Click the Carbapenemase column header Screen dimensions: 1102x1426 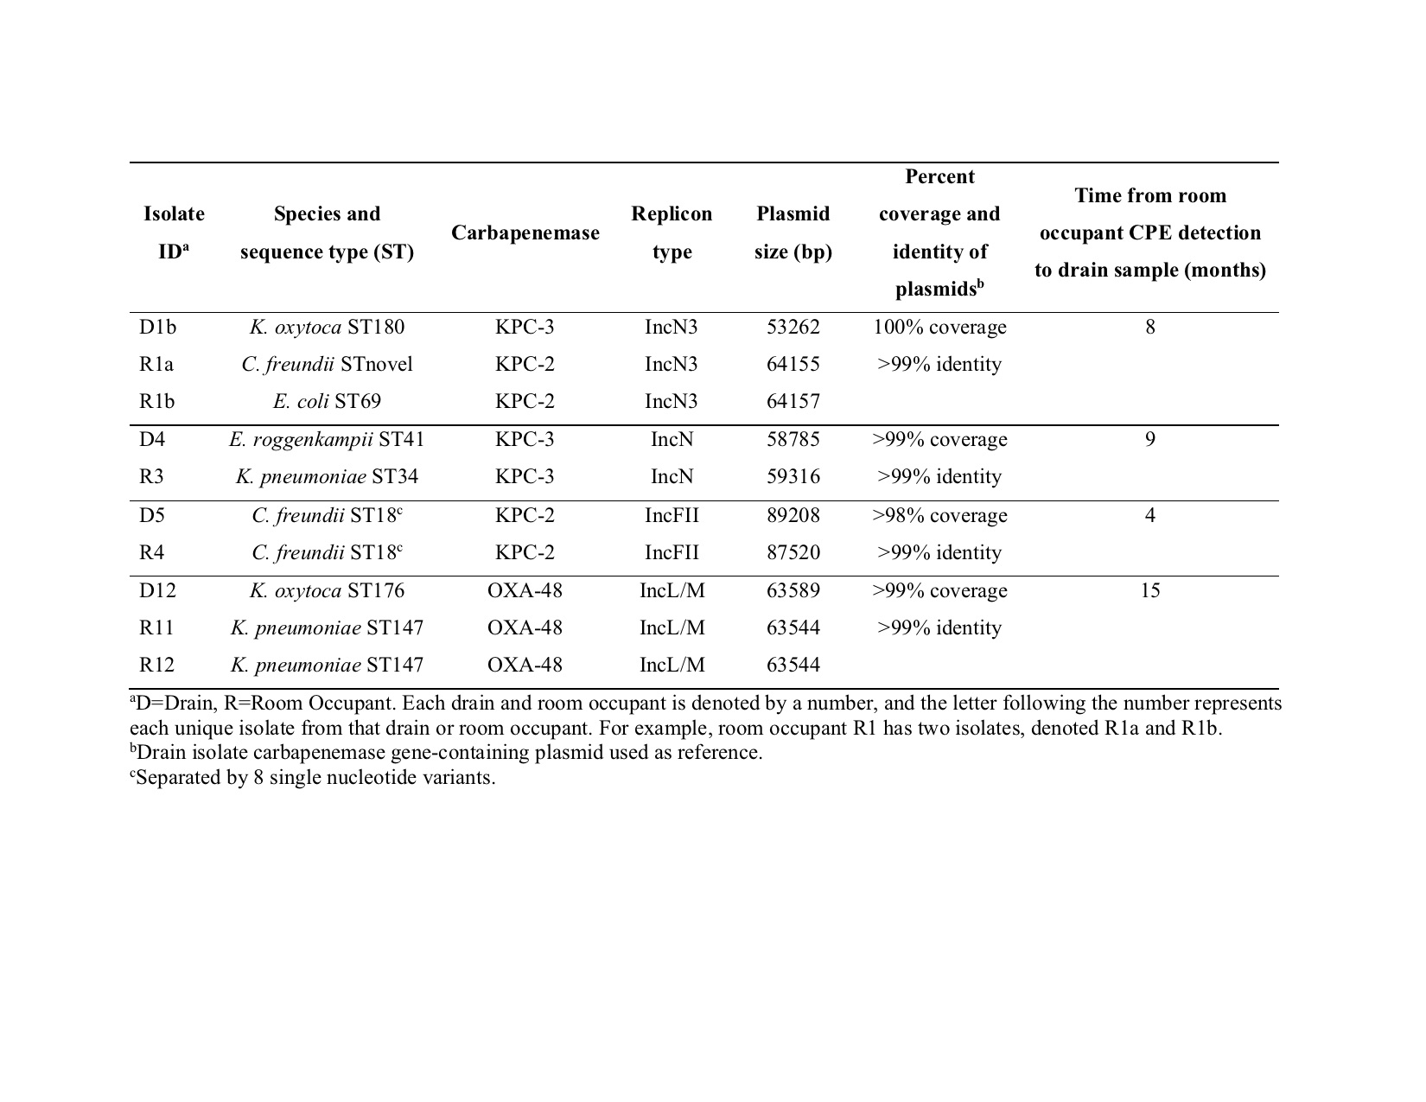pyautogui.click(x=525, y=233)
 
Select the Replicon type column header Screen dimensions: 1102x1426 pyautogui.click(x=672, y=233)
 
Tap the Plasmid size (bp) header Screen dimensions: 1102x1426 pyautogui.click(x=793, y=233)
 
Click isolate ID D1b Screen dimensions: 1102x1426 pyautogui.click(x=157, y=328)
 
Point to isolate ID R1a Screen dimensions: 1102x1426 pyautogui.click(x=156, y=365)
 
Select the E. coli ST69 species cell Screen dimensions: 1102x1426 pyautogui.click(x=327, y=402)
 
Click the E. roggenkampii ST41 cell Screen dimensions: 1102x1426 pyautogui.click(x=327, y=440)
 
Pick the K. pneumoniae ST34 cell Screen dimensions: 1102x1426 pyautogui.click(x=327, y=477)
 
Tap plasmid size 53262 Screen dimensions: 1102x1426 pyautogui.click(x=793, y=328)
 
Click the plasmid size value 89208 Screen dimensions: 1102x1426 pyautogui.click(x=793, y=516)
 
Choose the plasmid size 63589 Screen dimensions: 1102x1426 pyautogui.click(x=793, y=591)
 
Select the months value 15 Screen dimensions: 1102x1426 pyautogui.click(x=1149, y=591)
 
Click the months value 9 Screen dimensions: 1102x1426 pyautogui.click(x=1149, y=440)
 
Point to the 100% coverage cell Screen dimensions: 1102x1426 pyautogui.click(x=939, y=328)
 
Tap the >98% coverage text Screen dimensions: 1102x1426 pyautogui.click(x=939, y=516)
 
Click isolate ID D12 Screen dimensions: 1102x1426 pyautogui.click(x=156, y=591)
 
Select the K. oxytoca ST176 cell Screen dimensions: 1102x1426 pyautogui.click(x=327, y=591)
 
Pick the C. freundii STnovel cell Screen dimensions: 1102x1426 pyautogui.click(x=327, y=365)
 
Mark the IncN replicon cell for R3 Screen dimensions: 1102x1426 pyautogui.click(x=672, y=477)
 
